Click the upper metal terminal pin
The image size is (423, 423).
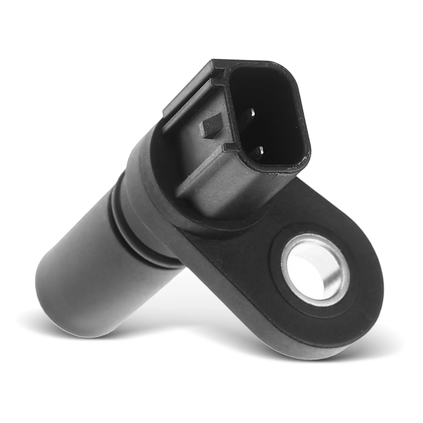coord(251,112)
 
